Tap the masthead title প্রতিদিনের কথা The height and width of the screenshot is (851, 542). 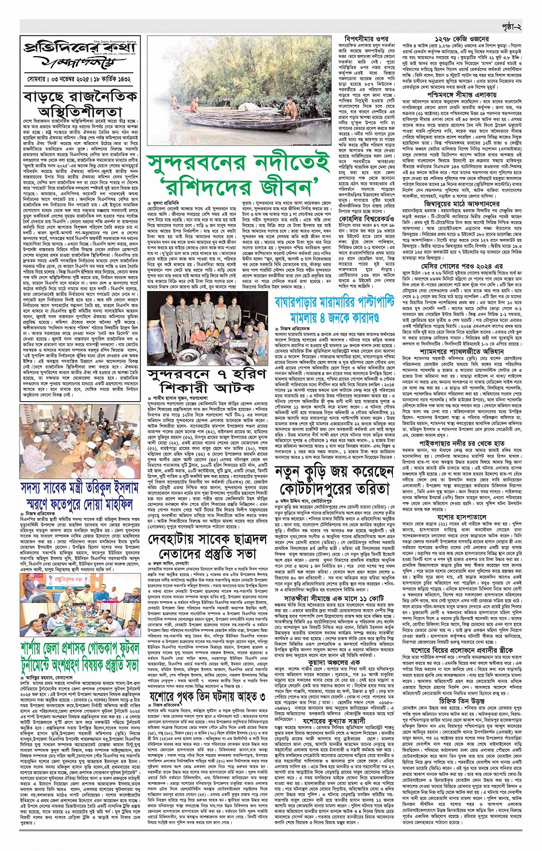click(x=81, y=49)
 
